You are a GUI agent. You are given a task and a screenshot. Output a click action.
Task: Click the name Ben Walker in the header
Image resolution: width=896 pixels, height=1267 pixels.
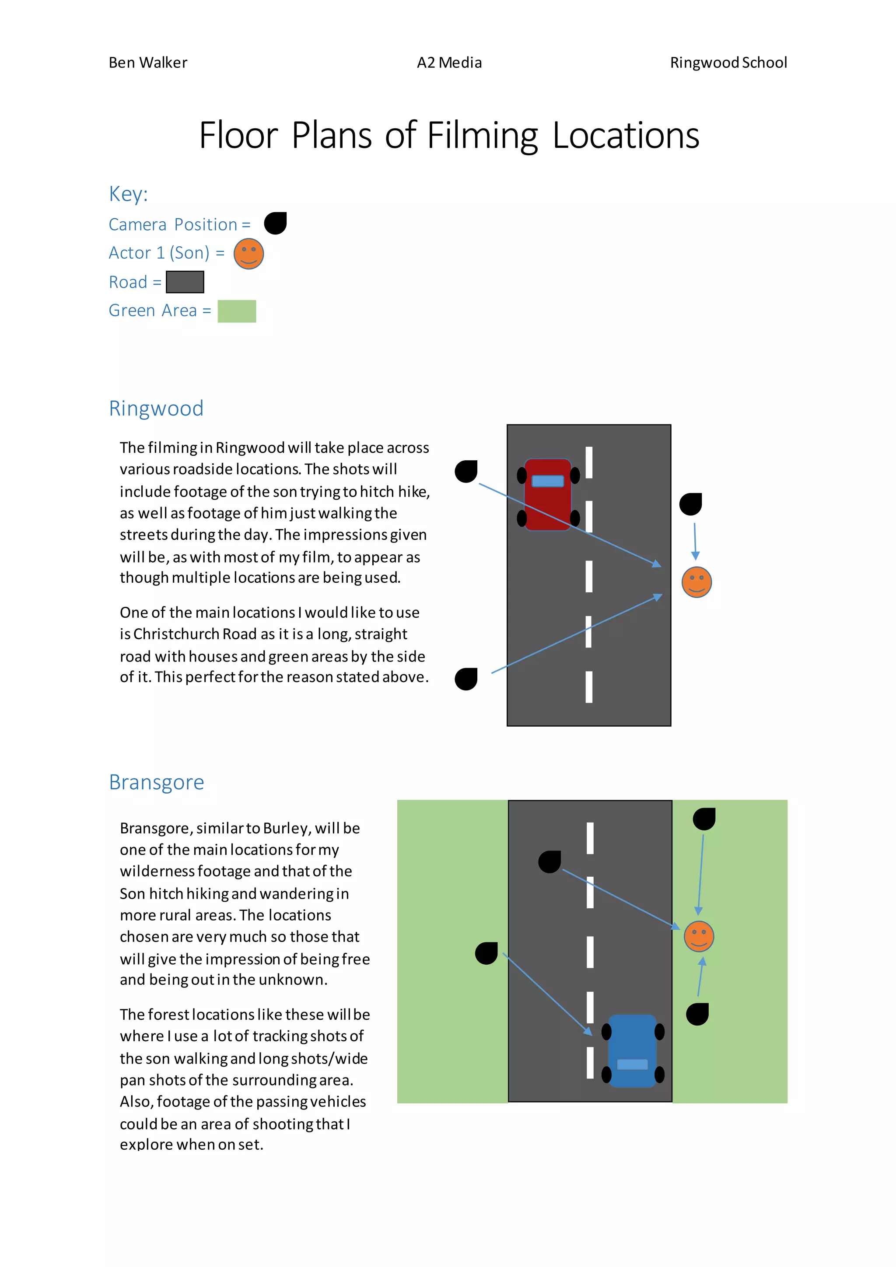(148, 63)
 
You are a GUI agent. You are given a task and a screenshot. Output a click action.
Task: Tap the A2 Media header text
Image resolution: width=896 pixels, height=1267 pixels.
(449, 63)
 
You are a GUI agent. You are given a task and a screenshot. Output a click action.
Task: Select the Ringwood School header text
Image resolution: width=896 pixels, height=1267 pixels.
(728, 63)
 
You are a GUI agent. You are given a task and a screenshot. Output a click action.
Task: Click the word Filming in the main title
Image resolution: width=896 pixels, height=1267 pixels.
(482, 136)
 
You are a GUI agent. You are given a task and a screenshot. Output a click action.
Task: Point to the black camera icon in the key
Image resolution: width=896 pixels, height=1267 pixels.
(275, 224)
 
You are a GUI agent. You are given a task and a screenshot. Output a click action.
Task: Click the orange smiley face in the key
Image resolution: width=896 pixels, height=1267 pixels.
(249, 254)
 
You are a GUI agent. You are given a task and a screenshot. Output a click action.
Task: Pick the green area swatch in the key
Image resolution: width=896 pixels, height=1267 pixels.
(237, 311)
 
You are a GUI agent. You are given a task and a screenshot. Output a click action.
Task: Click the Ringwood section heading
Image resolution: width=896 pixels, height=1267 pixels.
(156, 408)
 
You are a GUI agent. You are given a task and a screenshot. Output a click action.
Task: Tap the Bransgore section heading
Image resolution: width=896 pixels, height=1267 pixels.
(156, 783)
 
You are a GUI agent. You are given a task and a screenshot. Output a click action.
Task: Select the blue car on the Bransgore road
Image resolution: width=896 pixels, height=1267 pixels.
(632, 1051)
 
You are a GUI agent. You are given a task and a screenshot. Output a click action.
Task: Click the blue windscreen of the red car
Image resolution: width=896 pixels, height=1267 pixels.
(548, 481)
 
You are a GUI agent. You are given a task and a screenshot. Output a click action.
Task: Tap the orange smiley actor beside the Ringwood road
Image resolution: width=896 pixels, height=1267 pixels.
(697, 582)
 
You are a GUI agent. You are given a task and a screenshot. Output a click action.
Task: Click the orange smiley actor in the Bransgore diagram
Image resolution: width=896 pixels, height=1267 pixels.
(699, 936)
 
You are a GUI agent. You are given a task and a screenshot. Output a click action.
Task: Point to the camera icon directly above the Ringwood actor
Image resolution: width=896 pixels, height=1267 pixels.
(690, 504)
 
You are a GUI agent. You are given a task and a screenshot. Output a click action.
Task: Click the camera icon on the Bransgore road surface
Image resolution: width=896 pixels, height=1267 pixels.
(549, 862)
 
